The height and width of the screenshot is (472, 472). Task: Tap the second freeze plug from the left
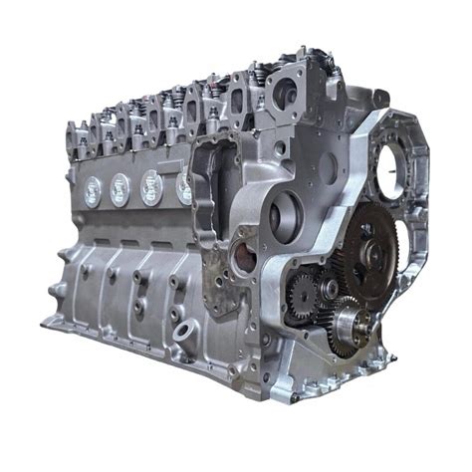pos(120,188)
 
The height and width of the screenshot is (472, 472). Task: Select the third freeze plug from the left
pos(152,185)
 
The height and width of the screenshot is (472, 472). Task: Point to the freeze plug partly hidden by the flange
pos(184,187)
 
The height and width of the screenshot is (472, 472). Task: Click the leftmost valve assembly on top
pos(77,134)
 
